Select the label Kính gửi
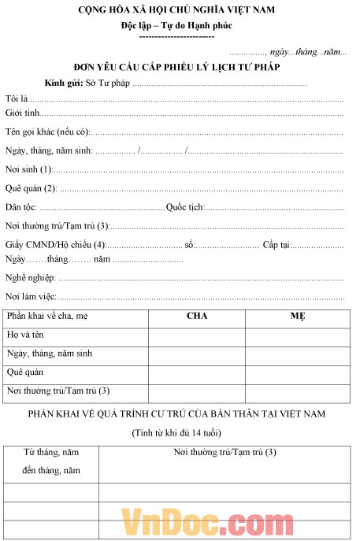(64, 83)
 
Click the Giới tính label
(22, 114)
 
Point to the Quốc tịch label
(185, 207)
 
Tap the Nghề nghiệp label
(29, 278)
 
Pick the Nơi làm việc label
(31, 297)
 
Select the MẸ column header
(298, 317)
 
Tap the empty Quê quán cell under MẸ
(298, 372)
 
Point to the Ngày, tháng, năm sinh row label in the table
(50, 354)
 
